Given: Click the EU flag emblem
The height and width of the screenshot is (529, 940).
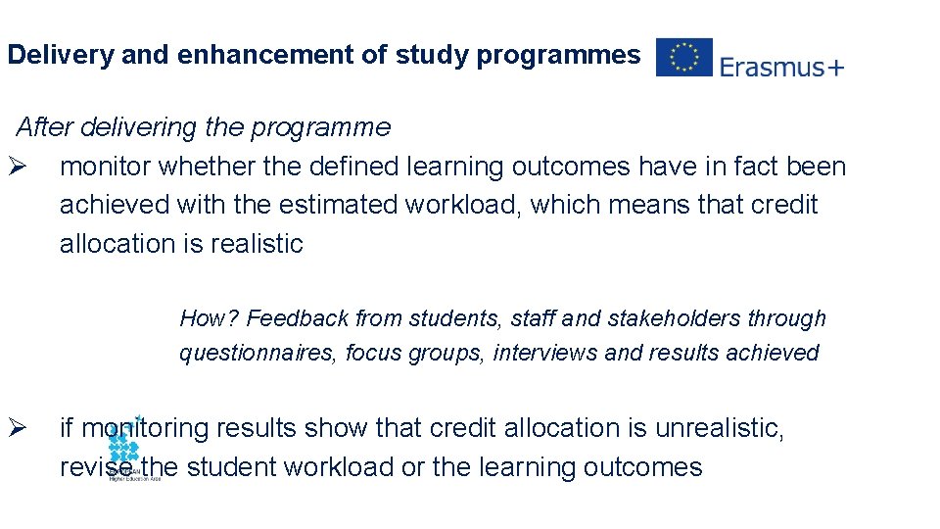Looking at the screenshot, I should (683, 58).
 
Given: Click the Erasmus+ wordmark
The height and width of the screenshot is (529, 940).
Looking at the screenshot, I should (781, 67).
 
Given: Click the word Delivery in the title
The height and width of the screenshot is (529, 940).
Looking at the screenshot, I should (60, 56).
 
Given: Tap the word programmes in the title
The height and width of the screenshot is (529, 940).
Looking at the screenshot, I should (558, 56).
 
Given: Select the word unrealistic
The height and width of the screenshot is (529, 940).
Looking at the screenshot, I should (718, 428).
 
